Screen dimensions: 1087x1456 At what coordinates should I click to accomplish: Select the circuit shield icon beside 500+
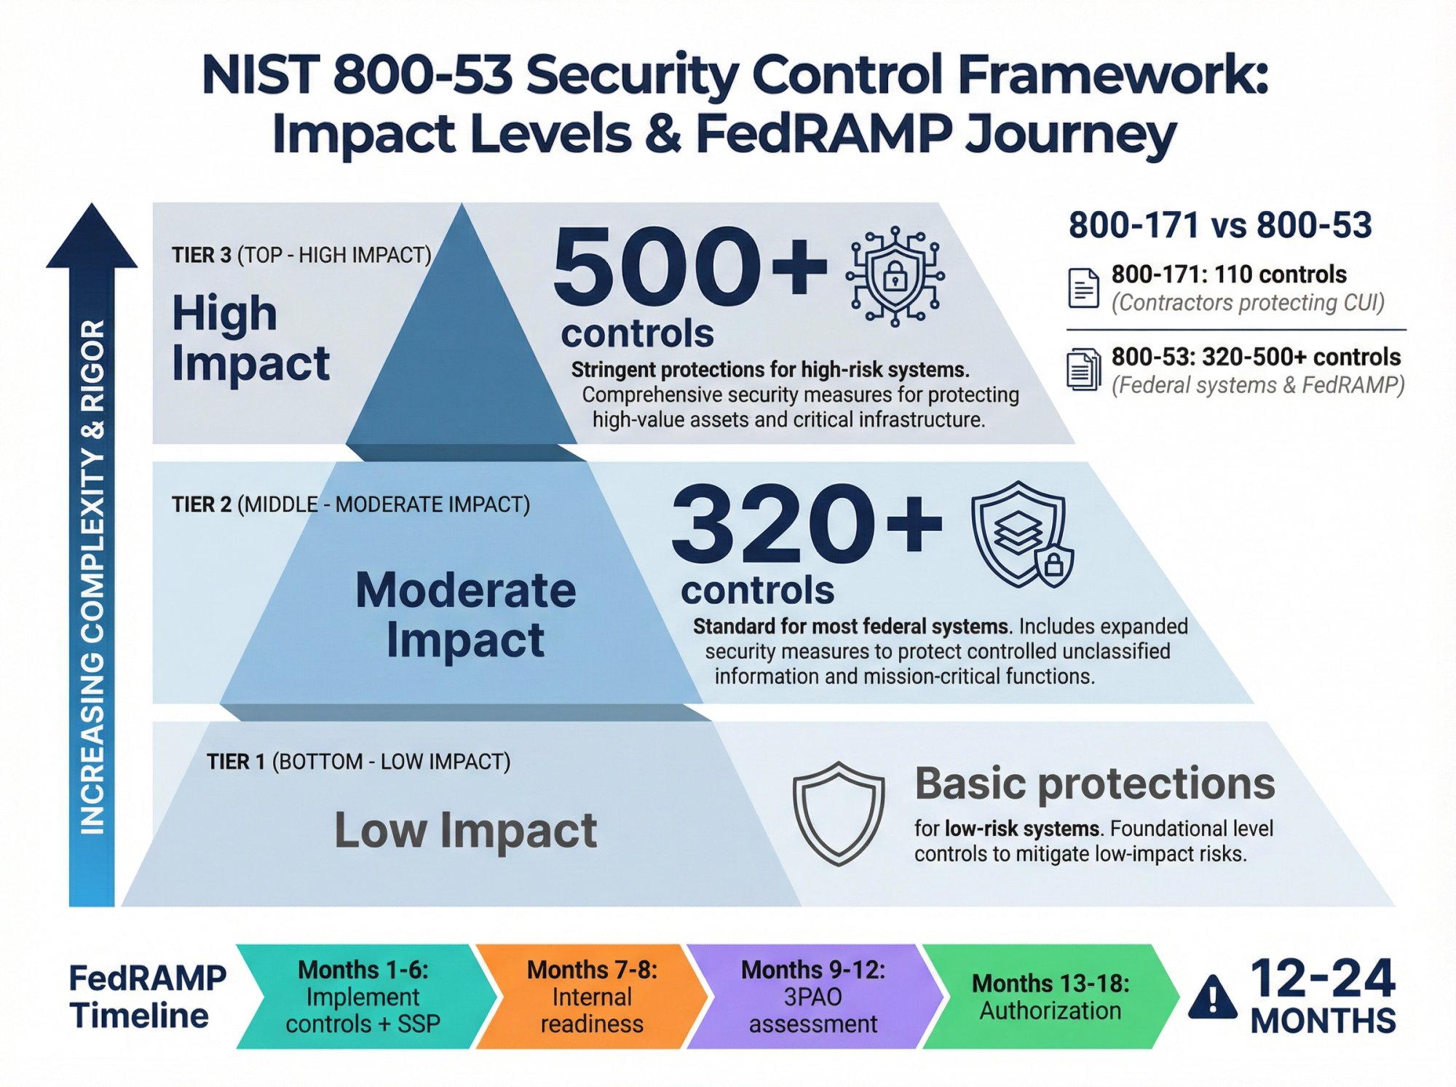895,276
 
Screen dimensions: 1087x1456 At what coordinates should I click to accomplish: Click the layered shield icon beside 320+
1021,534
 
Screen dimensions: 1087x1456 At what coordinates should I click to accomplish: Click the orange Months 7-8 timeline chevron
591,997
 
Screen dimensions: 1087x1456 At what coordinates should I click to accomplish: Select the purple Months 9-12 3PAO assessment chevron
812,997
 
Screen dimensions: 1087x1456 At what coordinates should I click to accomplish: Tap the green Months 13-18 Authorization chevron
1050,997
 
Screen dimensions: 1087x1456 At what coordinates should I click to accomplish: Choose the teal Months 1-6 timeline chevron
363,997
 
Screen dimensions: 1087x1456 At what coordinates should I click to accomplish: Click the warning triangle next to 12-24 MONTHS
1212,997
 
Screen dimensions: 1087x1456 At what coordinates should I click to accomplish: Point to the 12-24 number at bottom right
1322,979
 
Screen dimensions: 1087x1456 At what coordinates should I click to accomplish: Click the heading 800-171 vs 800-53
1220,225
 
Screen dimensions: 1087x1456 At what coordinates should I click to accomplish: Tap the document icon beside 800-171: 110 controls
1083,288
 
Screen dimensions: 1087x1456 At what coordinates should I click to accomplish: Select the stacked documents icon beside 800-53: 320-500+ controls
1083,370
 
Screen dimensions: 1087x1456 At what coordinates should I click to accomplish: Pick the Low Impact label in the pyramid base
465,830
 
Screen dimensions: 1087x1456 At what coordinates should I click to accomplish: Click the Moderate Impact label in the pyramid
465,615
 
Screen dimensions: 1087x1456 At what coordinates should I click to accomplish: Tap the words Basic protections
1094,783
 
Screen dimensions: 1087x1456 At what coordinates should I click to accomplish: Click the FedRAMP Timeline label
147,997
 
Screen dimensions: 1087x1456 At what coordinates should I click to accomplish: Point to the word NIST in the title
260,75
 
